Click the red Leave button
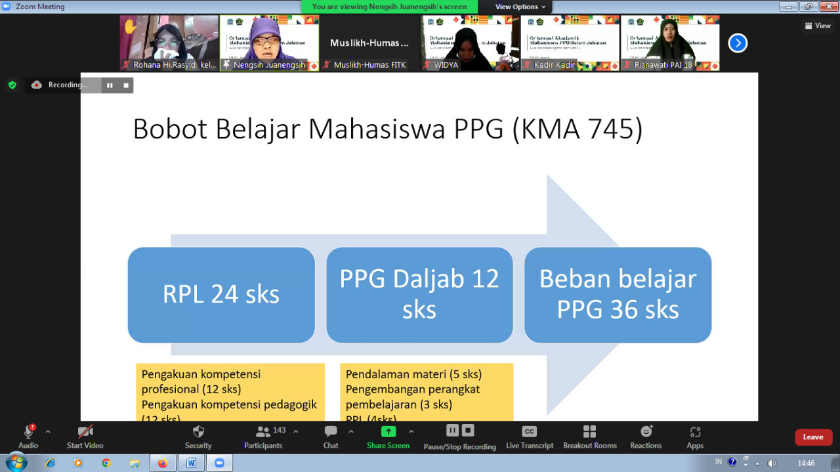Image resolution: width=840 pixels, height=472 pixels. click(x=813, y=437)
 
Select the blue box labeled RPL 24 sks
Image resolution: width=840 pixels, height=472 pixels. click(x=221, y=295)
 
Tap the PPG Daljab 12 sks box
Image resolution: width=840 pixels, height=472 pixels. click(x=419, y=295)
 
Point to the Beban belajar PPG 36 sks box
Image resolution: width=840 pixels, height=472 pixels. click(x=618, y=295)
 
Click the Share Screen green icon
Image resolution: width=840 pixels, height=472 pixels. click(x=388, y=431)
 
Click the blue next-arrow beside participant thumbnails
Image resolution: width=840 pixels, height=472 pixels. click(x=738, y=43)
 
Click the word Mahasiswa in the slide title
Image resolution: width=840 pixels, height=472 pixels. click(x=378, y=129)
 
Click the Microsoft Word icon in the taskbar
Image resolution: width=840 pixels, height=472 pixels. click(x=191, y=463)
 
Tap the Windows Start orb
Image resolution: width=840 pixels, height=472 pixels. click(x=16, y=462)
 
